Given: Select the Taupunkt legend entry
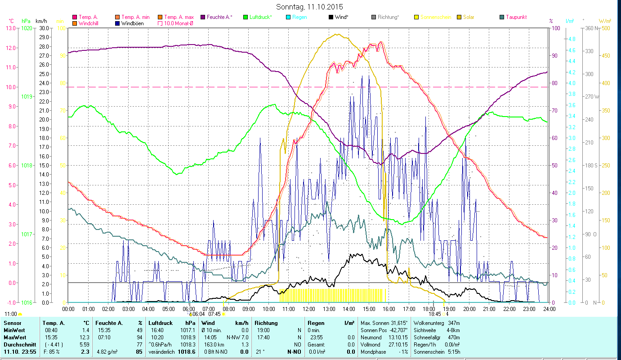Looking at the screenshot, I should click(x=516, y=17).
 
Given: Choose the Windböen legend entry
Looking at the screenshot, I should click(x=133, y=23).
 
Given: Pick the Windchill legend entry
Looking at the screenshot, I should click(x=90, y=23).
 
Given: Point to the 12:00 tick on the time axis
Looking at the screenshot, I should click(x=309, y=309).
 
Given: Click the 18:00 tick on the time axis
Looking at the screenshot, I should click(x=429, y=309).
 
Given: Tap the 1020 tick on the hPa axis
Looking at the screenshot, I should click(x=27, y=28).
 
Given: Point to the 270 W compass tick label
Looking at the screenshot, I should click(x=591, y=97).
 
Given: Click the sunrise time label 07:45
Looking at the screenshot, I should click(x=214, y=314).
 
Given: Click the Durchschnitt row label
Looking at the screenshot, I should click(x=18, y=344).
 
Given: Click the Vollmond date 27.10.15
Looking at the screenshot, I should click(x=398, y=344).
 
